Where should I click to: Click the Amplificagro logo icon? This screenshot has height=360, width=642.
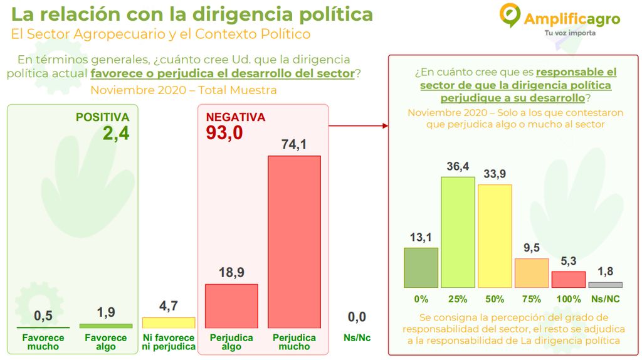pos(510,14)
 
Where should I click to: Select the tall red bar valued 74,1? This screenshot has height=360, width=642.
pos(294,241)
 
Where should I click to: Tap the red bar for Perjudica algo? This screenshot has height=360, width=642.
pos(231,306)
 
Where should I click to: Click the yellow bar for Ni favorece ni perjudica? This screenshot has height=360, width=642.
pos(169,322)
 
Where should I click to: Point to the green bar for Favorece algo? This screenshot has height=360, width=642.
pos(106,326)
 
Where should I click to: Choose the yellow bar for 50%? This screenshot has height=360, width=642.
pos(495,236)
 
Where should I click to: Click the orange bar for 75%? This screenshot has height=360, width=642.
pos(532,273)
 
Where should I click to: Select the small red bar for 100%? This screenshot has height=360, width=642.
pos(569,280)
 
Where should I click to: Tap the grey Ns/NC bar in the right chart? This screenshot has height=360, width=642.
pos(606,285)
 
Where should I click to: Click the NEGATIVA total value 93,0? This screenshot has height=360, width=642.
pos(224,133)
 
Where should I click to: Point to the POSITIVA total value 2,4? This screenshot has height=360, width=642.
pos(117,133)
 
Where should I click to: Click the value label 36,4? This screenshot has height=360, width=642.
pos(458,168)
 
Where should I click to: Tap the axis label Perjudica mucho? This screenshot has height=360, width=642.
pos(294,342)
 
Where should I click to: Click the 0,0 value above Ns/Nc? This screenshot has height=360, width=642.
pos(357,317)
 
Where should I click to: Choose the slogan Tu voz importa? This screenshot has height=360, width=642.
pos(570,33)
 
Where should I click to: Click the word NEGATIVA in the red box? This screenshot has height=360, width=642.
pos(236,117)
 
